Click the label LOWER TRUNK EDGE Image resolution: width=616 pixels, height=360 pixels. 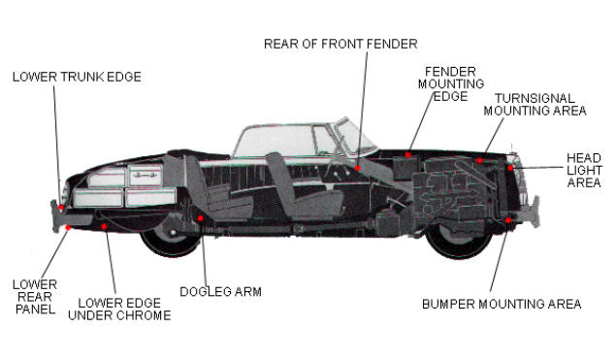click(x=77, y=77)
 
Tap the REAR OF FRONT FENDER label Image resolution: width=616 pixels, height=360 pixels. click(x=340, y=44)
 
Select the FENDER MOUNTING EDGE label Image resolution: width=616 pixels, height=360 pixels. click(x=451, y=84)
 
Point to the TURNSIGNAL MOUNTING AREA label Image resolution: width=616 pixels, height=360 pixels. click(x=535, y=105)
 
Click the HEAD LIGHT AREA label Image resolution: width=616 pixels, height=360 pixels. click(x=584, y=170)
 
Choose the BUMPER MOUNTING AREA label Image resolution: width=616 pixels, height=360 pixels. click(x=502, y=304)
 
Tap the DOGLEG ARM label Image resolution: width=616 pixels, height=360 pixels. click(x=221, y=292)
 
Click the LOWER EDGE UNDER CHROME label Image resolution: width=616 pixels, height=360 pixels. click(x=119, y=310)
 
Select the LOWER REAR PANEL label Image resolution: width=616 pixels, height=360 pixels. click(x=35, y=297)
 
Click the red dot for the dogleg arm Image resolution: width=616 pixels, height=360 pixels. click(x=201, y=218)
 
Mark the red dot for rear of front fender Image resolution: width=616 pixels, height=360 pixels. click(x=358, y=168)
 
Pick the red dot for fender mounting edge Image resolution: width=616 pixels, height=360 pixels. click(x=408, y=154)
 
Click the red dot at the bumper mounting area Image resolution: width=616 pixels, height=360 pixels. click(x=508, y=220)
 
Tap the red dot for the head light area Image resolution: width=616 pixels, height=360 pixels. click(x=510, y=168)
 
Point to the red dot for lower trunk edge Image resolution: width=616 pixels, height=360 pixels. click(x=61, y=207)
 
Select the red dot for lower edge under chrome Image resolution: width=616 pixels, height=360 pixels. click(x=104, y=226)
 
